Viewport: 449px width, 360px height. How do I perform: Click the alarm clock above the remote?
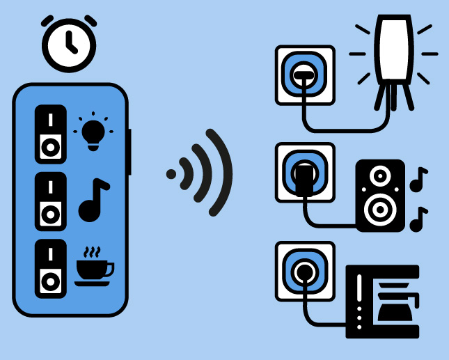(x=69, y=42)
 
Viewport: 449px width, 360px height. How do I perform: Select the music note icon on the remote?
(x=93, y=201)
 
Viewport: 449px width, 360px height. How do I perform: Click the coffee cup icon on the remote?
(x=94, y=267)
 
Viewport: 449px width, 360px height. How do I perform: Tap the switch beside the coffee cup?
(x=51, y=269)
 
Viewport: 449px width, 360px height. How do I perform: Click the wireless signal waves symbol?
(x=202, y=172)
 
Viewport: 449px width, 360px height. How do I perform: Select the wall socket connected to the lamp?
(x=304, y=75)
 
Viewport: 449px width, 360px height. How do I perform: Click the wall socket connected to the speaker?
(x=304, y=172)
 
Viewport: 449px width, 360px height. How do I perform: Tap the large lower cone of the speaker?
(x=379, y=209)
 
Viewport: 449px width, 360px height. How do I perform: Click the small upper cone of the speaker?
(x=380, y=176)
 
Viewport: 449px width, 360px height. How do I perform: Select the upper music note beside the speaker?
(x=418, y=180)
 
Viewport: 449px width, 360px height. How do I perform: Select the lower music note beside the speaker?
(x=418, y=219)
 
